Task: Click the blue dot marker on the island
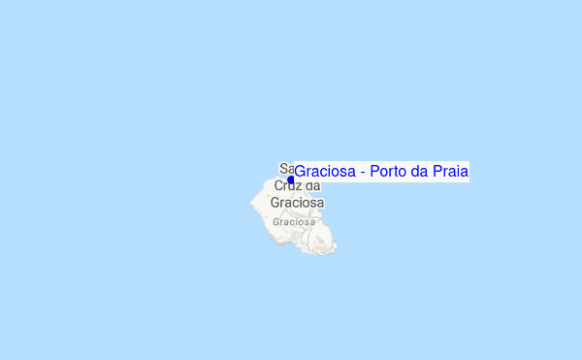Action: (x=290, y=180)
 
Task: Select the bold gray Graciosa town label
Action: (x=297, y=203)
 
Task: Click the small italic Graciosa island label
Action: (x=295, y=221)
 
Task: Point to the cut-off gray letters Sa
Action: (x=286, y=168)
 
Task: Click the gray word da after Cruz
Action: (x=312, y=185)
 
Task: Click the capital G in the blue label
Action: (x=301, y=172)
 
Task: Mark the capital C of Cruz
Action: (x=279, y=185)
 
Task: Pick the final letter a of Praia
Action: (x=465, y=173)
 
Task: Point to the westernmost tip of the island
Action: (x=252, y=203)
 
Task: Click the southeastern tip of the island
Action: (x=334, y=250)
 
